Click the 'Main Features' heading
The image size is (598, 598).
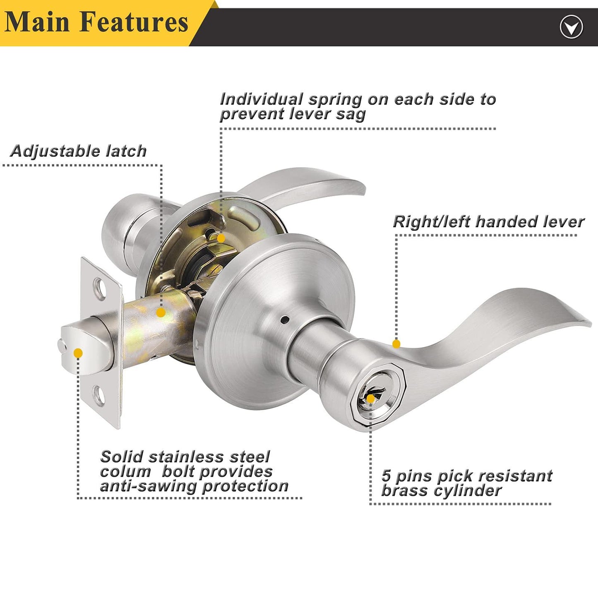pyautogui.click(x=96, y=22)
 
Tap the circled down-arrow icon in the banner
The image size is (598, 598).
pyautogui.click(x=571, y=28)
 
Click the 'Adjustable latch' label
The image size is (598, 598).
pyautogui.click(x=79, y=151)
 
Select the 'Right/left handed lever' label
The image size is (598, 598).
pyautogui.click(x=488, y=222)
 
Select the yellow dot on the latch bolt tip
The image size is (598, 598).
pyautogui.click(x=78, y=353)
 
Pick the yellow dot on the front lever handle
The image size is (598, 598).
pyautogui.click(x=396, y=344)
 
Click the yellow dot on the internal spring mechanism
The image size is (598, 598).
pyautogui.click(x=221, y=238)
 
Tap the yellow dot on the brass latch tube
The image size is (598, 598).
pyautogui.click(x=161, y=312)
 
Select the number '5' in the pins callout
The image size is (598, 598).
pyautogui.click(x=386, y=476)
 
